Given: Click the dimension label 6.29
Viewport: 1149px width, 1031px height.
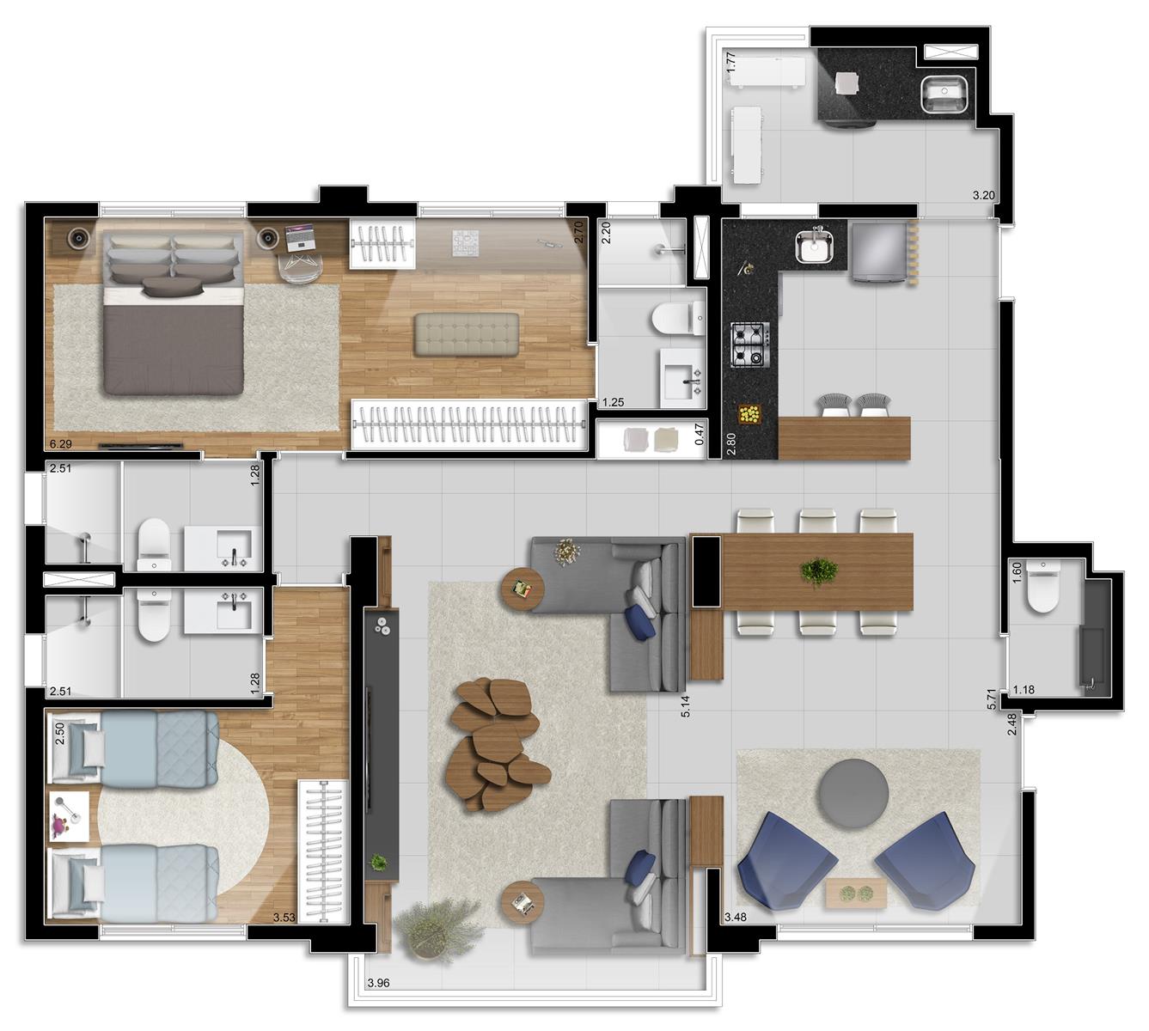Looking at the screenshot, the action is tap(61, 444).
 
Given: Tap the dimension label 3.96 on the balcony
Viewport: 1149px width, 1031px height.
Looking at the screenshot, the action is tap(378, 984).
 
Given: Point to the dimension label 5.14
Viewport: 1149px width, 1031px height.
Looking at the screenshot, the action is tap(687, 706).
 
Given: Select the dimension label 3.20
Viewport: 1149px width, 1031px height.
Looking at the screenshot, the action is tap(984, 195).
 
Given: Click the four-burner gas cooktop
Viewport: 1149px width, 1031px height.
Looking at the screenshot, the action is tap(749, 345).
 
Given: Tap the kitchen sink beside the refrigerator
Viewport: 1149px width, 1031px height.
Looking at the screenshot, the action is tap(815, 247).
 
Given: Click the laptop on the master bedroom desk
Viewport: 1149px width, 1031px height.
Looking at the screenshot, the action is tap(301, 236).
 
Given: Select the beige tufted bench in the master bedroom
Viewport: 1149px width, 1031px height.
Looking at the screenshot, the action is tap(467, 334).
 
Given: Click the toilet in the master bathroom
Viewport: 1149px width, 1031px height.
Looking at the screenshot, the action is tap(679, 320).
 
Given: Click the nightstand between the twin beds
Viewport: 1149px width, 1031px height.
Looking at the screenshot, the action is tap(69, 816).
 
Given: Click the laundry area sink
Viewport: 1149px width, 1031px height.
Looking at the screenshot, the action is tap(943, 94).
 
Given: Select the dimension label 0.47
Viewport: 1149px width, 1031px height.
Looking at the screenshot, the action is tap(700, 434).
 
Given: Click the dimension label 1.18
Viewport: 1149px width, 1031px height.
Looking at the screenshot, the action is tap(1024, 690).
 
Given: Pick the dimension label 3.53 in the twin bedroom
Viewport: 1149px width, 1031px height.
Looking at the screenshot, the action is tap(284, 917).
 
